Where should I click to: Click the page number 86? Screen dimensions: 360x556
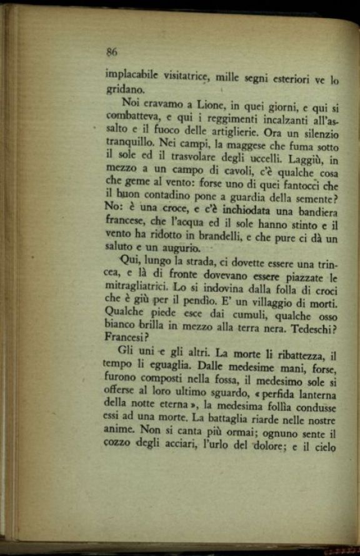pyautogui.click(x=112, y=52)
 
